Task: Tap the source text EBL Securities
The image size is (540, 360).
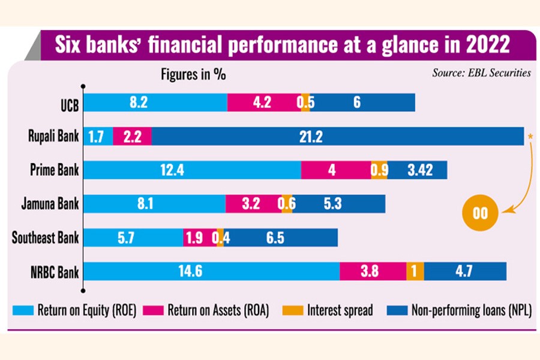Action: pyautogui.click(x=481, y=73)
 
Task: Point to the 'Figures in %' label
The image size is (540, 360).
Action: pyautogui.click(x=193, y=75)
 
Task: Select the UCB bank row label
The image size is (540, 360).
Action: pyautogui.click(x=65, y=103)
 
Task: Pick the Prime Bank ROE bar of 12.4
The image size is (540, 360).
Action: pyautogui.click(x=193, y=170)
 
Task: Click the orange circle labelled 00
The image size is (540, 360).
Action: pyautogui.click(x=481, y=213)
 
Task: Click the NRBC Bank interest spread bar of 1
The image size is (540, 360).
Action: pyautogui.click(x=415, y=271)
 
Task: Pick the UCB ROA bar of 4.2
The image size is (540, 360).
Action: pyautogui.click(x=263, y=103)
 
